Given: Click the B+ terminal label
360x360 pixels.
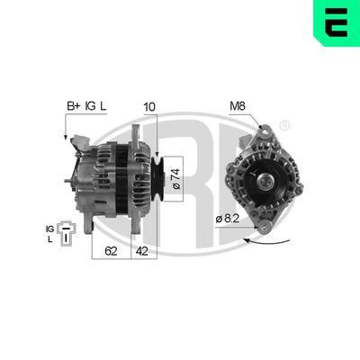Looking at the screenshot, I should (x=72, y=107).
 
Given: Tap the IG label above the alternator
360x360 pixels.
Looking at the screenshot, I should (x=90, y=107).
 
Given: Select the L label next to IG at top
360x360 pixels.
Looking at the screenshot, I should (x=103, y=107).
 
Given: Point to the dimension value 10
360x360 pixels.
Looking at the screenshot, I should (x=149, y=107).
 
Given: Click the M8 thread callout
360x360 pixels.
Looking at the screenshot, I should (x=237, y=107).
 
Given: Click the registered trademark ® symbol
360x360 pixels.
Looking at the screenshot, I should (x=285, y=125).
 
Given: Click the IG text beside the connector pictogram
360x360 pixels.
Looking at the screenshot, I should (x=49, y=228).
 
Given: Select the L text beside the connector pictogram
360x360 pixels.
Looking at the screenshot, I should (x=51, y=238).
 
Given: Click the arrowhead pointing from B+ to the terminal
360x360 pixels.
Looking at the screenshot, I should (x=67, y=138).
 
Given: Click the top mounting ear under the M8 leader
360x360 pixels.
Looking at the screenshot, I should (x=261, y=132).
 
